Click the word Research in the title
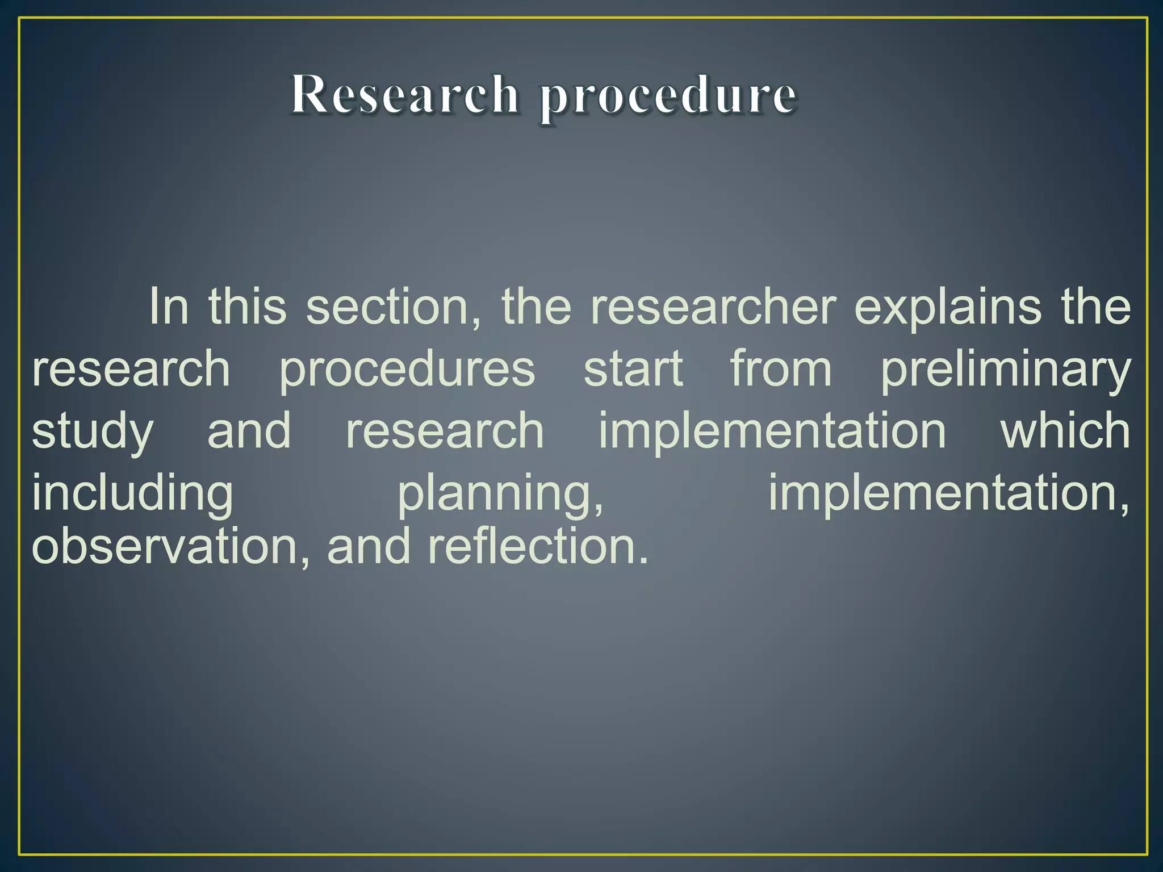click(x=405, y=95)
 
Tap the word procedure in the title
click(x=668, y=97)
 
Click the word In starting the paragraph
click(x=169, y=307)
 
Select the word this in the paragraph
click(x=248, y=307)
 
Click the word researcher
click(x=713, y=307)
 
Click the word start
click(x=633, y=369)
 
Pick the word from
click(x=781, y=369)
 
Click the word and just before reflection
click(x=369, y=546)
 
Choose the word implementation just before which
click(x=772, y=431)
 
